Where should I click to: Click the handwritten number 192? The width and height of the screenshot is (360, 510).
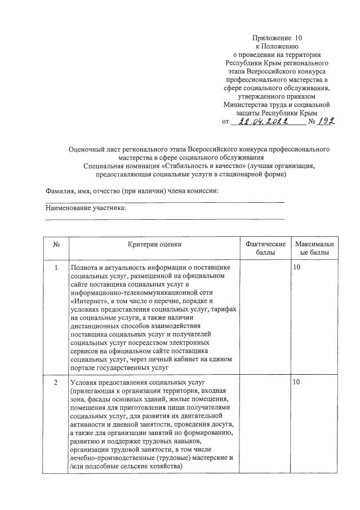click(x=325, y=121)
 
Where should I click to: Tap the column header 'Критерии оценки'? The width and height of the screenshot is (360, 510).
click(x=154, y=244)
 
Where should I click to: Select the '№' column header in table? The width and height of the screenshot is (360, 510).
click(x=56, y=244)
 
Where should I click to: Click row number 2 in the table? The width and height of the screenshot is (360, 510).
click(x=56, y=383)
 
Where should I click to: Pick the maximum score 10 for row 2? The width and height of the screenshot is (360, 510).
click(x=297, y=383)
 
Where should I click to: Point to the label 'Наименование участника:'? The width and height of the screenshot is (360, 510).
click(x=86, y=208)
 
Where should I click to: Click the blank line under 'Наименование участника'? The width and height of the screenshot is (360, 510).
click(x=165, y=219)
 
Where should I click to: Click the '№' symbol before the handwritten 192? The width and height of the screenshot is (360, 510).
click(x=312, y=122)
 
